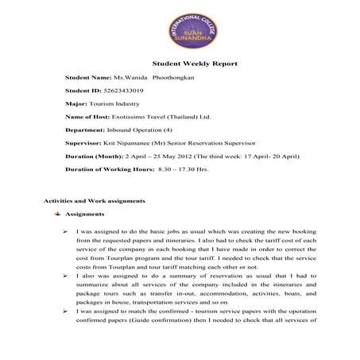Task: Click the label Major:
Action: pyautogui.click(x=78, y=104)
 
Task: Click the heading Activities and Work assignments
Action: pyautogui.click(x=94, y=200)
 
